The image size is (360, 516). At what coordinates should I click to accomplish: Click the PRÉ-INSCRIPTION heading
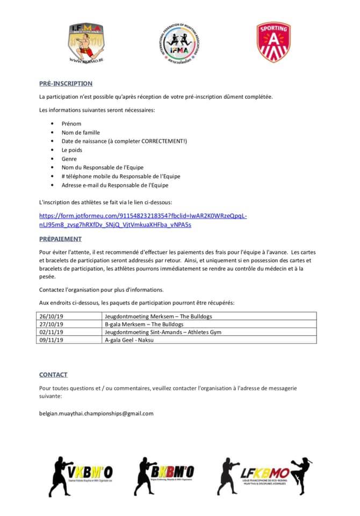(x=66, y=83)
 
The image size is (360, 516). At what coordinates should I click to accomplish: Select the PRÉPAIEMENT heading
(x=60, y=239)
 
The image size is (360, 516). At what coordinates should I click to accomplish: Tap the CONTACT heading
(x=53, y=375)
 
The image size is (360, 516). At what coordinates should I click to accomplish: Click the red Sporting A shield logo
(x=273, y=42)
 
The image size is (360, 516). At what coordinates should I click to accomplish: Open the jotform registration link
(x=143, y=220)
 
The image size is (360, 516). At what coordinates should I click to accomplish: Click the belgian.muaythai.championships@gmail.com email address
(x=96, y=413)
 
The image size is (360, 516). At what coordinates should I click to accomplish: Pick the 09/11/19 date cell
(x=52, y=340)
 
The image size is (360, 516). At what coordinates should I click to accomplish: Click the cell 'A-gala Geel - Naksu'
(x=131, y=340)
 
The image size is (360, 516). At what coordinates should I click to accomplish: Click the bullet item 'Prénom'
(x=71, y=124)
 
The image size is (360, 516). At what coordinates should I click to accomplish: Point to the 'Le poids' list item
(x=72, y=150)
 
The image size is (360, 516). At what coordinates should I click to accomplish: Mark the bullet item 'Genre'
(x=69, y=159)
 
